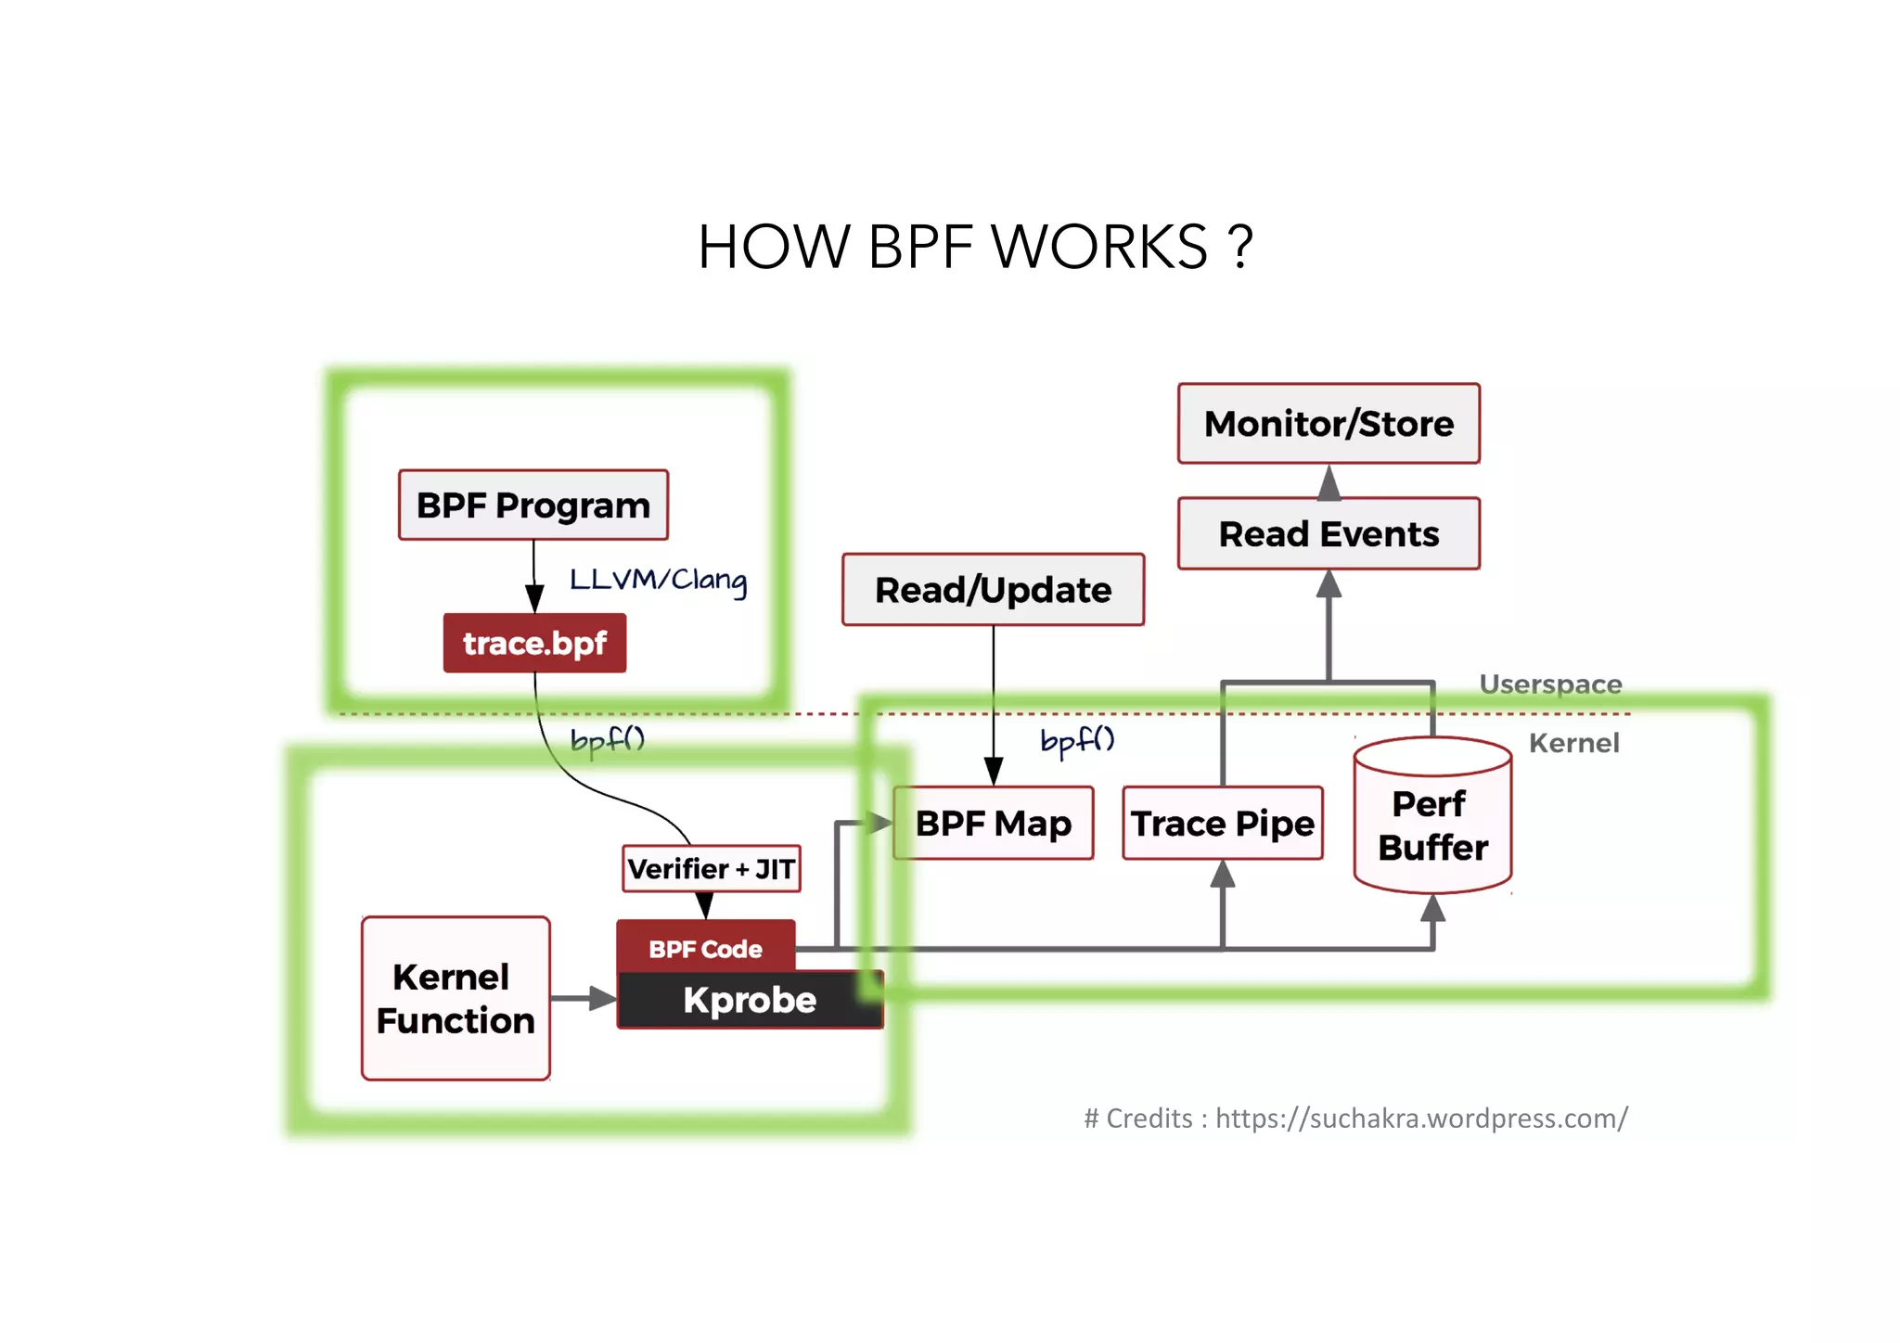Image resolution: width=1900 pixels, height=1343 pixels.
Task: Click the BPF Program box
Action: click(533, 505)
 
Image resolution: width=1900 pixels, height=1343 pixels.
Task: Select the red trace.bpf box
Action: click(534, 643)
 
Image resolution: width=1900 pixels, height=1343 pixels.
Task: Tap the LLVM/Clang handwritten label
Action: click(657, 580)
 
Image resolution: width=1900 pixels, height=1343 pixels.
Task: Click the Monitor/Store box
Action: click(1328, 424)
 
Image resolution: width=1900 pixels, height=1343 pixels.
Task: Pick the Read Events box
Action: click(1328, 534)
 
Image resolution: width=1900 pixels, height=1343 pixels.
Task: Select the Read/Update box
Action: click(993, 590)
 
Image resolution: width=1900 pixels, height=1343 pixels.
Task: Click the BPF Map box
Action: click(993, 824)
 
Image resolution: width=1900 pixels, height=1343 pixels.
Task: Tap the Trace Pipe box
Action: click(1222, 824)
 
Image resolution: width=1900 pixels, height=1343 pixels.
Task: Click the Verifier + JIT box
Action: click(711, 869)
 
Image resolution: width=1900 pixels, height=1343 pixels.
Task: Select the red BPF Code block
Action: click(705, 948)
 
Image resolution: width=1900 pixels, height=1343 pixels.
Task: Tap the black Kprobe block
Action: click(750, 1000)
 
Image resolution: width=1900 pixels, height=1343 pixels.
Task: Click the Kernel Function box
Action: click(456, 999)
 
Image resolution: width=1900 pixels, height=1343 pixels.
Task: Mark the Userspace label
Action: click(1549, 684)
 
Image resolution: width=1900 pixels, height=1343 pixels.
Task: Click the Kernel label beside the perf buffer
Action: click(1573, 743)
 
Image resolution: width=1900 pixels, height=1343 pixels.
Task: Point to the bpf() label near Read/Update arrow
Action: click(1076, 741)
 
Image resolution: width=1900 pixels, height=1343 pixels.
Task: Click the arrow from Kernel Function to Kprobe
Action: click(584, 999)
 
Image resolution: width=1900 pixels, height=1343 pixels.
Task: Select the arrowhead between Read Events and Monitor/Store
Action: click(1329, 483)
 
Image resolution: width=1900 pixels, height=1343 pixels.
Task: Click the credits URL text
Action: click(1420, 1119)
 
